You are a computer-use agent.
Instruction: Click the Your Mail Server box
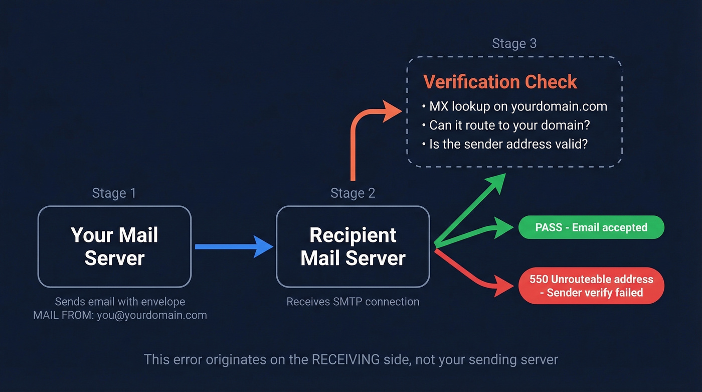click(x=114, y=246)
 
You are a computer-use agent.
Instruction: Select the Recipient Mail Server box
click(x=353, y=246)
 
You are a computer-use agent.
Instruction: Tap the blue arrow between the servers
click(x=234, y=246)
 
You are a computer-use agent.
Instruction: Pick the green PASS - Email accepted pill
click(x=591, y=227)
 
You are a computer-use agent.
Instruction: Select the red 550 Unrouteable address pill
click(x=591, y=286)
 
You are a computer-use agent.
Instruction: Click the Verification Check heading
click(x=500, y=82)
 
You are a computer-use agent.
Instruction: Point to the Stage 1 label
click(x=114, y=193)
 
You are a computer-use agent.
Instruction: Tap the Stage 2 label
click(x=353, y=193)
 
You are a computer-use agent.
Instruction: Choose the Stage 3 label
click(x=514, y=44)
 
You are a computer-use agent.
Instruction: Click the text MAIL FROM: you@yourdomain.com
click(x=120, y=315)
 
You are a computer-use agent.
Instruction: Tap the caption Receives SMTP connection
click(x=353, y=302)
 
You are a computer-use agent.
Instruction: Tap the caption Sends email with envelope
click(x=120, y=302)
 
